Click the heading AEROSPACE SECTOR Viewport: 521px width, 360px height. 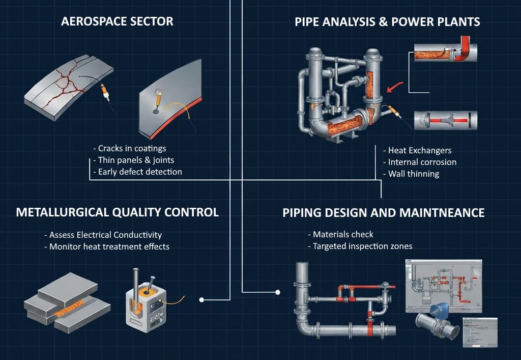coord(117,21)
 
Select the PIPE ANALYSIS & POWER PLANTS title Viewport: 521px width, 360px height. coord(387,21)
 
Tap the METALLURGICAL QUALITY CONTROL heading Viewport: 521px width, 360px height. coord(117,212)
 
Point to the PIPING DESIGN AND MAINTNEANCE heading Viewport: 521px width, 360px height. coord(383,212)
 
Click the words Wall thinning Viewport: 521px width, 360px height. coord(414,174)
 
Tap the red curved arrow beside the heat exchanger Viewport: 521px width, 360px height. coord(393,88)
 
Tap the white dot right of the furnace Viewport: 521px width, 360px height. coord(201,300)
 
